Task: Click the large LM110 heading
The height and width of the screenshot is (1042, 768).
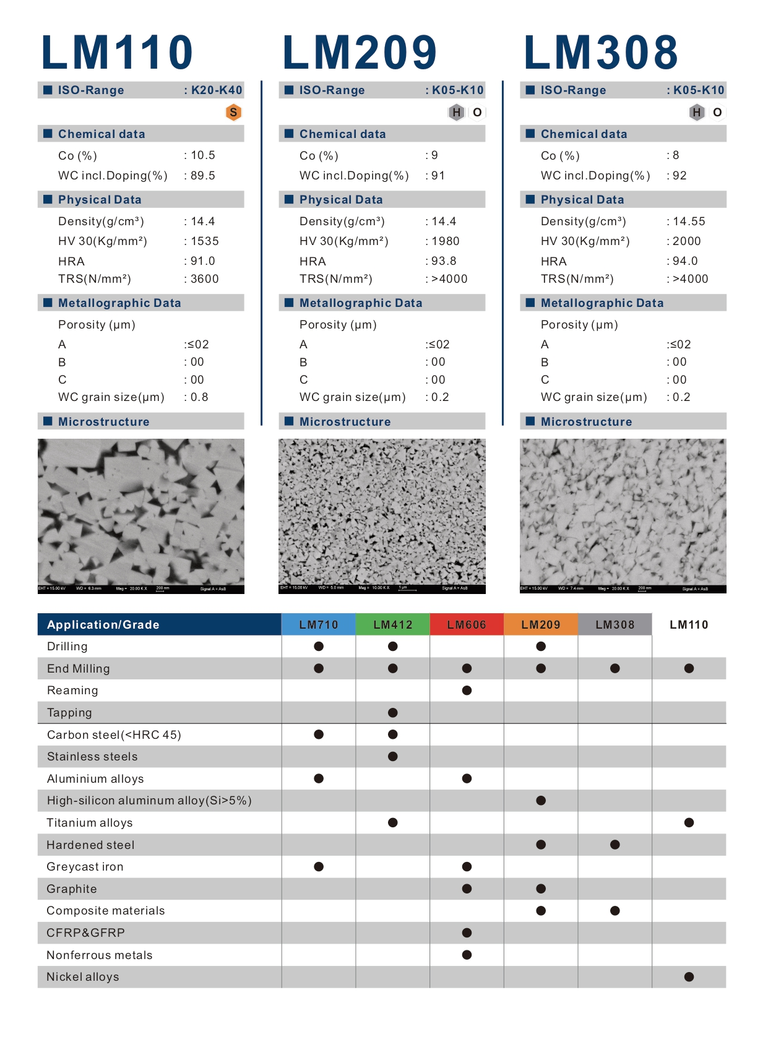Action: click(x=117, y=53)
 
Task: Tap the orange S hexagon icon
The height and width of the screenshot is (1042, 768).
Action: click(x=233, y=113)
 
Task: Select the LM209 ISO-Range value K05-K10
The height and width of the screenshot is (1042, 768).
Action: click(x=457, y=90)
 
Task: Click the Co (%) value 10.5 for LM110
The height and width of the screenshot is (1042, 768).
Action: click(x=203, y=155)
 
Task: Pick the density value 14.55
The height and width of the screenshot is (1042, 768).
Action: click(x=689, y=222)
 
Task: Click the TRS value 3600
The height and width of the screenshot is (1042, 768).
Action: click(x=204, y=279)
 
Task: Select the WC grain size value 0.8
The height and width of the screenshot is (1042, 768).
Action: click(x=199, y=397)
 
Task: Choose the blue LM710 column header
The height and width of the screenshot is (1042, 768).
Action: click(x=319, y=625)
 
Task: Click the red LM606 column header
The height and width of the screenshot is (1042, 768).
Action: click(x=467, y=625)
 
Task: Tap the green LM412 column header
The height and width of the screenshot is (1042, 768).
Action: click(x=393, y=625)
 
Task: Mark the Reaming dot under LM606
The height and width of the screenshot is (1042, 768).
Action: click(x=467, y=691)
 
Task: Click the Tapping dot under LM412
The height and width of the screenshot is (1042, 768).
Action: click(x=393, y=713)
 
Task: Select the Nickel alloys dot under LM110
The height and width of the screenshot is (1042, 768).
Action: click(x=689, y=977)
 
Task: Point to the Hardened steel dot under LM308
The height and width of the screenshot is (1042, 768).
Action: click(x=615, y=845)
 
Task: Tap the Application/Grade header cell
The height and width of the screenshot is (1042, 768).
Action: click(x=159, y=625)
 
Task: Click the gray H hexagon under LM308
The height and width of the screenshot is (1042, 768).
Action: click(x=697, y=113)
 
